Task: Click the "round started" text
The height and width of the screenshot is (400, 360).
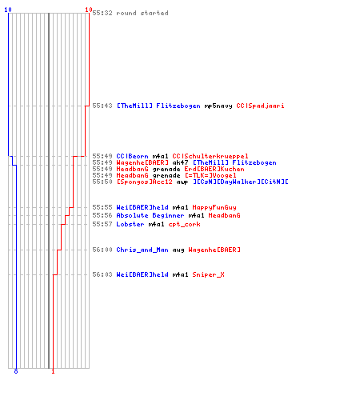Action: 142,13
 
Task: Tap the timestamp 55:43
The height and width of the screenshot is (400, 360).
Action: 102,106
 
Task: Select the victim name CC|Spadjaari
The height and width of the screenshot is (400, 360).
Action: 260,106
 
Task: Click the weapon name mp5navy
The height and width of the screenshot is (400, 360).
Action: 218,106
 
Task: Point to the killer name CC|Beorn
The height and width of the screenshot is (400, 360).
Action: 132,156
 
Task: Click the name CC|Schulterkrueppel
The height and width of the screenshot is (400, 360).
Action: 210,156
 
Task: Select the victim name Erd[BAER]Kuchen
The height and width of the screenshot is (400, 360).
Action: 214,169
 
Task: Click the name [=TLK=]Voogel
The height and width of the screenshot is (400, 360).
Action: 210,175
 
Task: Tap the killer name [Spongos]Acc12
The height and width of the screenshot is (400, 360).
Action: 145,182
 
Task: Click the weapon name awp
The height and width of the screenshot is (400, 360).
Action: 182,182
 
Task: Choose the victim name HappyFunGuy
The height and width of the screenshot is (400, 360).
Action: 214,207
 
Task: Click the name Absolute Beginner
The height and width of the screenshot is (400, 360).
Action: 150,215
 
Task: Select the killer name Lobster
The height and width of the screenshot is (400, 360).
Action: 130,224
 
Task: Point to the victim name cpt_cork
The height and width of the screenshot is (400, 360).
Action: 185,225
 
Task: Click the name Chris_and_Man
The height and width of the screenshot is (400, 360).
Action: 142,250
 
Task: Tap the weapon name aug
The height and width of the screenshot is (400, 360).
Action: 178,250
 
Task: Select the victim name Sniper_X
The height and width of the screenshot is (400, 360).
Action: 209,274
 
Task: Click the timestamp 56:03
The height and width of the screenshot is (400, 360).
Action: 102,274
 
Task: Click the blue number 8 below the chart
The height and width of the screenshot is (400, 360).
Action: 16,371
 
